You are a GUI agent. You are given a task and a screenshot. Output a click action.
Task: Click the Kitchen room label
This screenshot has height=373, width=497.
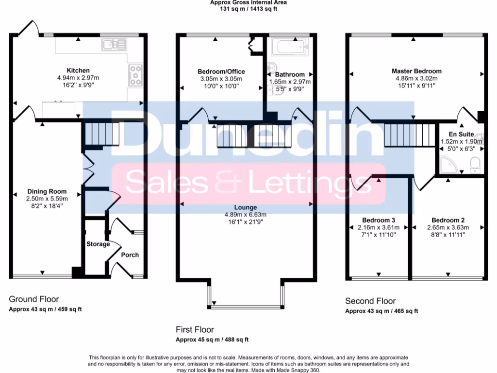(78, 70)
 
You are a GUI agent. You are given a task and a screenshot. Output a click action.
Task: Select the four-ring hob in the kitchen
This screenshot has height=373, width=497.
(135, 75)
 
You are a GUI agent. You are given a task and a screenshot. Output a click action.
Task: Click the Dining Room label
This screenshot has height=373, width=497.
(47, 191)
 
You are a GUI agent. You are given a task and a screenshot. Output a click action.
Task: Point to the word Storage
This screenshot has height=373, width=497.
(98, 244)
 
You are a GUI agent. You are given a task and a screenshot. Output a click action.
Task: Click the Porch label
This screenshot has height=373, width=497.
(130, 254)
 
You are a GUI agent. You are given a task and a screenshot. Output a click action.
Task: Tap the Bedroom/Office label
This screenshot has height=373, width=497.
(221, 72)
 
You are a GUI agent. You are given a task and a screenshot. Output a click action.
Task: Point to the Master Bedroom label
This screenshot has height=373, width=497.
(416, 71)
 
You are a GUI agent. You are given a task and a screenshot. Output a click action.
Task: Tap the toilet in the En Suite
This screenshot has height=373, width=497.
(475, 164)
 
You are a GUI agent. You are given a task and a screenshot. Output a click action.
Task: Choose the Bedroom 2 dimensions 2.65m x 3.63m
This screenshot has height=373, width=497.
(447, 227)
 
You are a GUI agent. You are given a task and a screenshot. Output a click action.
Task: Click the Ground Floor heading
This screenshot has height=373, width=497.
(34, 299)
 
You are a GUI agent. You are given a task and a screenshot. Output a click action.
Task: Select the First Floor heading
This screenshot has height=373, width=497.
(195, 330)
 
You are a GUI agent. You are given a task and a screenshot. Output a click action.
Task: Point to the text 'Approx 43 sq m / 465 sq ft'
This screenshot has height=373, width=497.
(381, 311)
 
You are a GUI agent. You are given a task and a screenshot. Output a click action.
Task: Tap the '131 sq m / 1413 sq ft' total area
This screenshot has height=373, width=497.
(248, 8)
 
